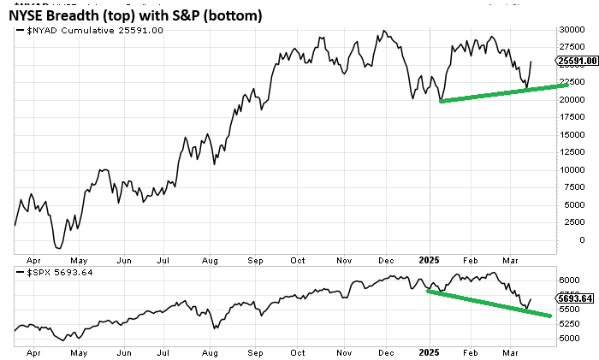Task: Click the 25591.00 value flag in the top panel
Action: coord(576,62)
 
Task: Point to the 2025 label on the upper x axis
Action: coord(425,258)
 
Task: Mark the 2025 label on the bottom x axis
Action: coord(425,351)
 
